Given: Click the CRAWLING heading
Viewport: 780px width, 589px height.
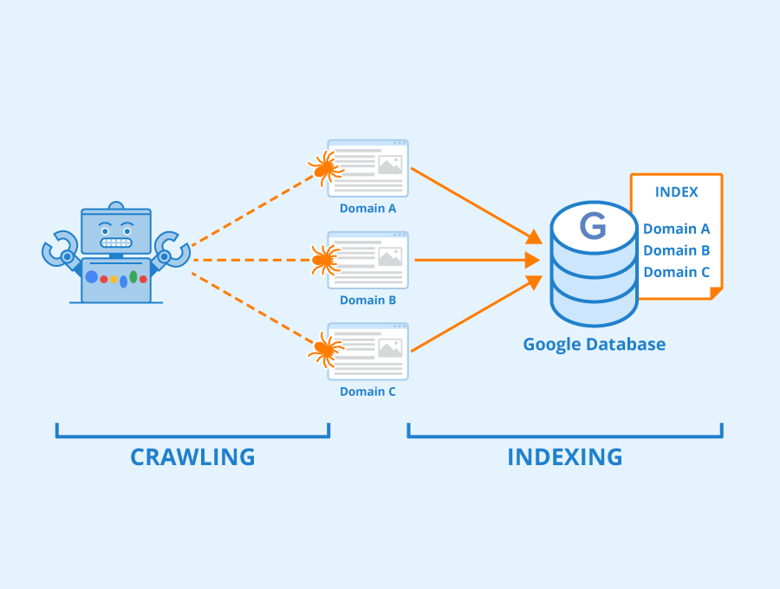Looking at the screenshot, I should coord(192,456).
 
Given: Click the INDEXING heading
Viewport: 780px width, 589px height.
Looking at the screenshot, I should coord(564,456).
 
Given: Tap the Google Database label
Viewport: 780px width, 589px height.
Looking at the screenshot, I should coord(594,344).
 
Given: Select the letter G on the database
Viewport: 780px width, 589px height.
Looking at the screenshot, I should coord(593,227).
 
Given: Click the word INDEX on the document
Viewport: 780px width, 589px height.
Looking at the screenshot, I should coord(676,192).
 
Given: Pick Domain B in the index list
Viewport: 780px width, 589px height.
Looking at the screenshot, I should coord(676,250).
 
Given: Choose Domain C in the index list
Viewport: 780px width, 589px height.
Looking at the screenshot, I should coord(676,272).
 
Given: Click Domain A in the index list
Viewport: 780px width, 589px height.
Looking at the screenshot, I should coord(676,229).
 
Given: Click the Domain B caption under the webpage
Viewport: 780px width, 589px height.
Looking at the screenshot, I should coord(367,300).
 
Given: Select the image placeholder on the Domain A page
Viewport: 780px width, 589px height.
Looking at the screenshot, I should coord(390,165).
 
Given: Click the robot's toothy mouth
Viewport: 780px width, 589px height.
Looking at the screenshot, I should coord(115,243).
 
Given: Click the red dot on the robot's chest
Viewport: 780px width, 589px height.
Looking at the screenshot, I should coord(103,279).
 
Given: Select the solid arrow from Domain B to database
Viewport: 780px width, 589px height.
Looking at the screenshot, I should coord(472,259).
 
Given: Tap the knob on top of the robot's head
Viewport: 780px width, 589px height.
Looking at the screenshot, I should coord(115,205).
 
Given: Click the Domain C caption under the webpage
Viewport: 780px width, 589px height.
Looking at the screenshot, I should coord(367,392).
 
